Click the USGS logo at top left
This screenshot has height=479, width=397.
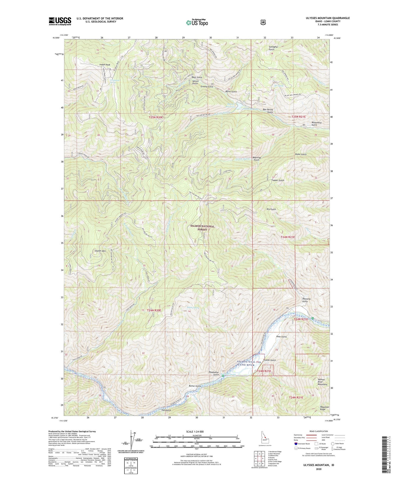point(60,21)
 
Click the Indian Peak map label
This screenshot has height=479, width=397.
point(105,64)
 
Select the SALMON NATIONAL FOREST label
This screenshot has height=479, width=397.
point(202,228)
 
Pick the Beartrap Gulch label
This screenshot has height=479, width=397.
point(256,159)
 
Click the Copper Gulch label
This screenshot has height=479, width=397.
point(278,180)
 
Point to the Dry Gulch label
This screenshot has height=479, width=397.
point(271,209)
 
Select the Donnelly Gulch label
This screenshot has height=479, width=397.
point(306,300)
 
